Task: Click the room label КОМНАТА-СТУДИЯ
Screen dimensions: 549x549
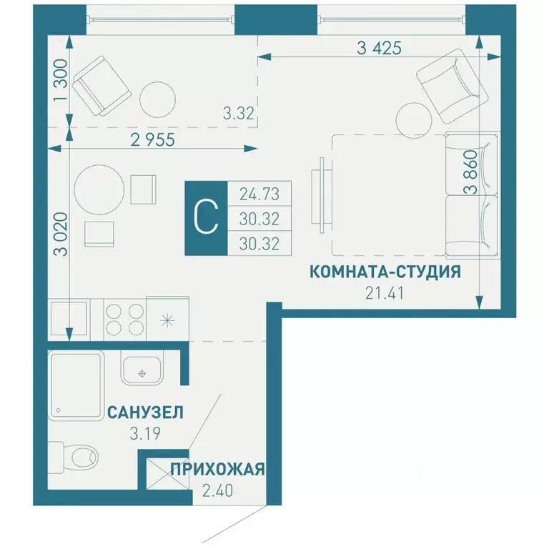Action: pos(384,272)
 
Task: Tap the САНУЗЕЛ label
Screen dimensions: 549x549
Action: pos(145,412)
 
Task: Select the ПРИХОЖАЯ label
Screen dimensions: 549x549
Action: pos(217,470)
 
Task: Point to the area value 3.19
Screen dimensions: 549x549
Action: pos(144,431)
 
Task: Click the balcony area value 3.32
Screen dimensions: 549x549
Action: pos(238,112)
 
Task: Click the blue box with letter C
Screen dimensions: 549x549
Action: pos(206,217)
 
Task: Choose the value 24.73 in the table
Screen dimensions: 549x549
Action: pos(259,194)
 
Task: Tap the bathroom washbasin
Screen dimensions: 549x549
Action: pos(143,370)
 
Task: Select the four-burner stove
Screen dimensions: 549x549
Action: pos(124,319)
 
